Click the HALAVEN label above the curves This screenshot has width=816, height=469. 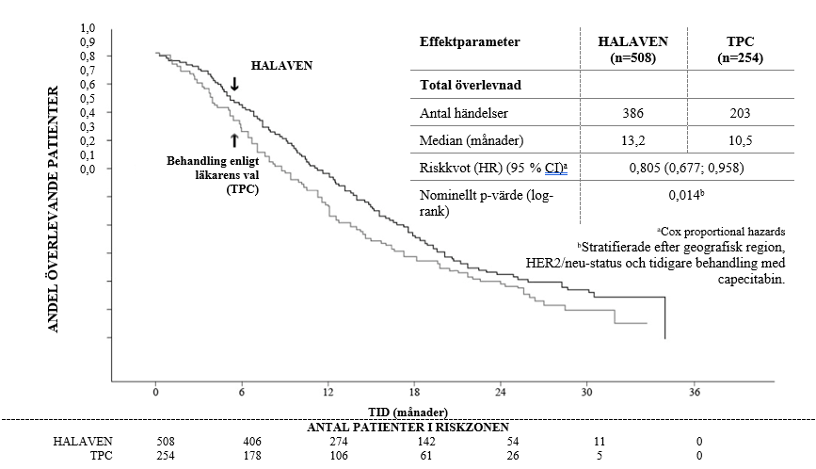point(280,67)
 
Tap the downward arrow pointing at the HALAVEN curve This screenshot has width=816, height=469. point(234,83)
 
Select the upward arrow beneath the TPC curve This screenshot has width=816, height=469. point(234,141)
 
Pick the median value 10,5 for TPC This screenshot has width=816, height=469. point(739,141)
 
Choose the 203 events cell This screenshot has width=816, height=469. point(739,113)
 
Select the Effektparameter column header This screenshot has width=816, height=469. point(470,42)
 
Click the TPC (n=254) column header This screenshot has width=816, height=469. point(739,50)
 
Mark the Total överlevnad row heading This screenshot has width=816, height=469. point(471,84)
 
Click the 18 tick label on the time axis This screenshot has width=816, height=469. point(414,392)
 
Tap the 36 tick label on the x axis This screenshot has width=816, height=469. point(695,392)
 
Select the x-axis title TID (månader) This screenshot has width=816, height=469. point(407,411)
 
